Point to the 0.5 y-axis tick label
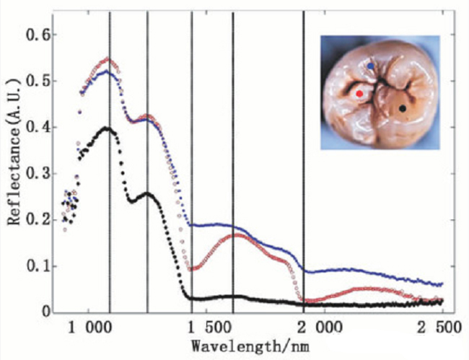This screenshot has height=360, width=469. pyautogui.click(x=36, y=81)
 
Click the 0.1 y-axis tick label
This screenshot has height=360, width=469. pyautogui.click(x=36, y=266)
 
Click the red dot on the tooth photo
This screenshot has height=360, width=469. pyautogui.click(x=359, y=94)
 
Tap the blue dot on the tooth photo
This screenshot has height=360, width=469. pyautogui.click(x=371, y=66)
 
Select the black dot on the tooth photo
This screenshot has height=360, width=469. pyautogui.click(x=403, y=108)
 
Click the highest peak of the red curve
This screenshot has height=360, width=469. pyautogui.click(x=107, y=59)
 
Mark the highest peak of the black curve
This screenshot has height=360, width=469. pyautogui.click(x=107, y=128)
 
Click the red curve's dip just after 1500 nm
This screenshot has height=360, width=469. pyautogui.click(x=193, y=269)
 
